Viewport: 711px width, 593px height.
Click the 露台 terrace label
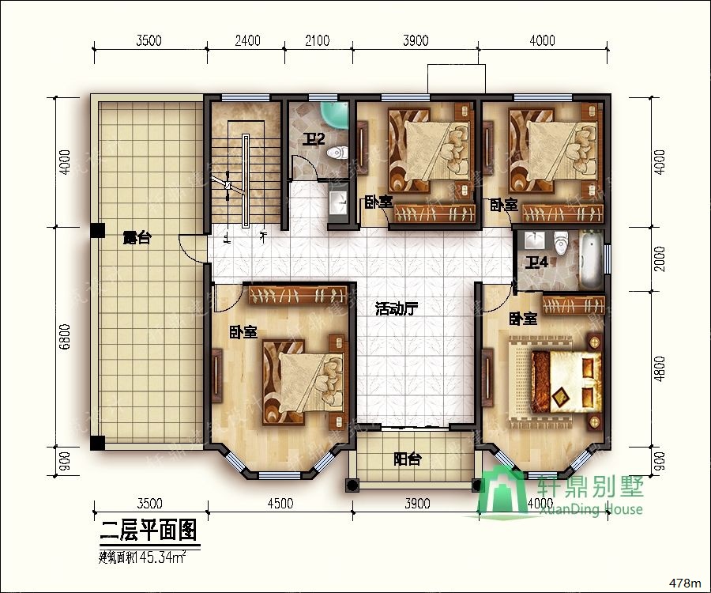click(137, 237)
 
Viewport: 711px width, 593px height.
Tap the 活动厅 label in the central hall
click(396, 310)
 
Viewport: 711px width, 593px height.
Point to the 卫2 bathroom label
click(314, 141)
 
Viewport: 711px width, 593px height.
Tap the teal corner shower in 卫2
click(337, 115)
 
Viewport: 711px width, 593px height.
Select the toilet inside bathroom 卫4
click(562, 240)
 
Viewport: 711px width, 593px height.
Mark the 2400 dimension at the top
click(248, 41)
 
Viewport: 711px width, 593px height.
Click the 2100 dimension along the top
click(317, 41)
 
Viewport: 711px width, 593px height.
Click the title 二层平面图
click(149, 530)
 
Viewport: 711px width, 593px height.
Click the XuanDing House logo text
click(589, 508)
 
